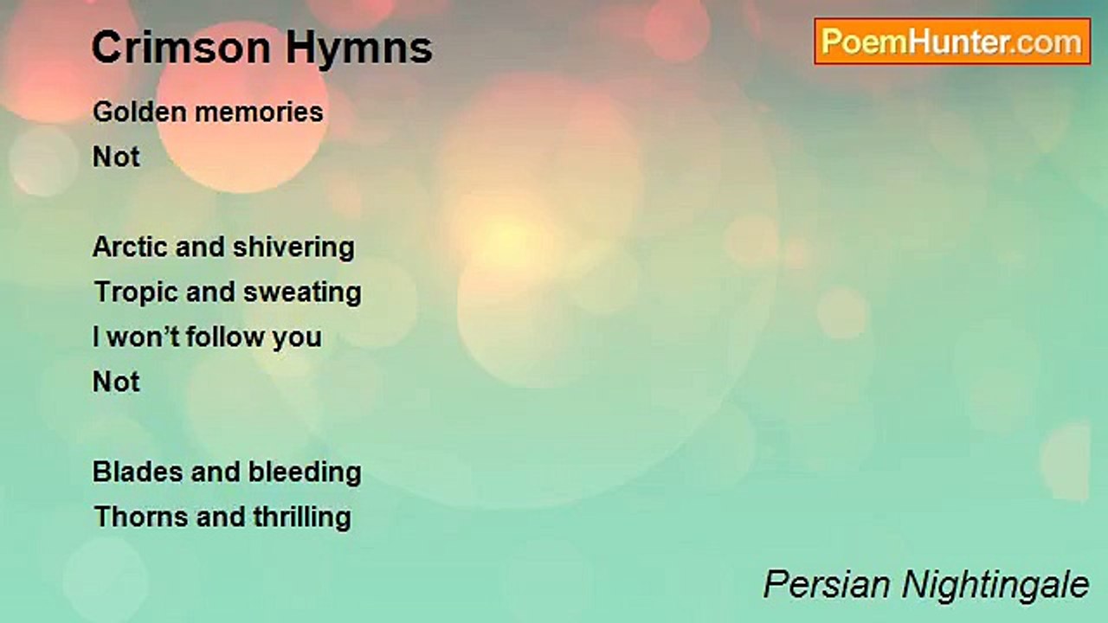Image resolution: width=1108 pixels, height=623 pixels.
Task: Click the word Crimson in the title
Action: [x=181, y=48]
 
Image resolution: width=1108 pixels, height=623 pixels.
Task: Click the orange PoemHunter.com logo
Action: [x=952, y=42]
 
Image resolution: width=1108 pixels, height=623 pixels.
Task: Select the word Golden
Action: [x=140, y=112]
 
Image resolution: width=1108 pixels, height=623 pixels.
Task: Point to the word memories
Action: [x=259, y=112]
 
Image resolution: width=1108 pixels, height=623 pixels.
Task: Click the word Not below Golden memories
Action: [x=116, y=157]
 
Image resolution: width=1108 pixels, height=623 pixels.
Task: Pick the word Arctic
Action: [x=131, y=247]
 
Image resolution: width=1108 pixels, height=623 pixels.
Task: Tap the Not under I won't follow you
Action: [x=116, y=382]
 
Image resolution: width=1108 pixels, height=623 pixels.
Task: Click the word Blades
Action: [x=138, y=472]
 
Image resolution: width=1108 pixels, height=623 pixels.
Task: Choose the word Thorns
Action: [x=141, y=517]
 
